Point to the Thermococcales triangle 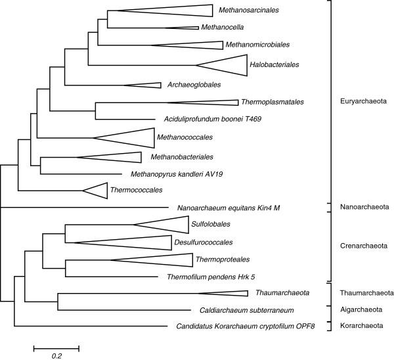point(98,190)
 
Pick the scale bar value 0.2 point(56,355)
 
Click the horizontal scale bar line point(56,346)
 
